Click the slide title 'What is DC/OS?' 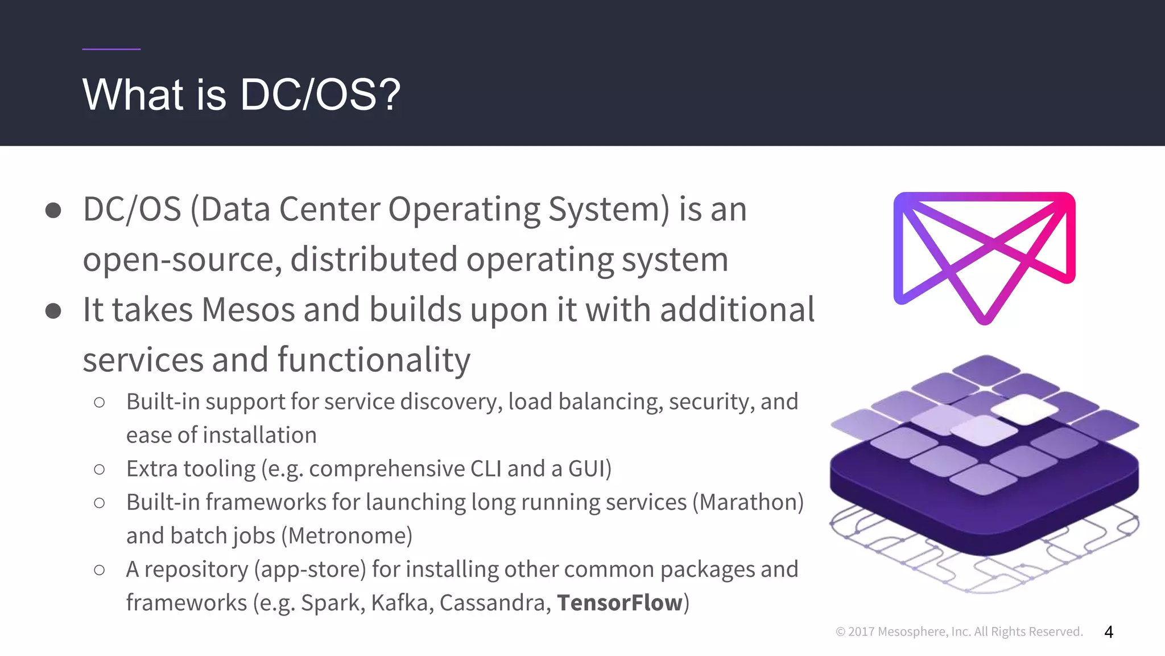(x=241, y=95)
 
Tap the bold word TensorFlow (x=619, y=602)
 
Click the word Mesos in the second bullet (x=248, y=310)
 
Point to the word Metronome (x=350, y=536)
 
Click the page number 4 (x=1108, y=632)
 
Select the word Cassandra (x=494, y=602)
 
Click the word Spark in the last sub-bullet (x=332, y=602)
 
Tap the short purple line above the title (x=111, y=49)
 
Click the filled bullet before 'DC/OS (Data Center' (x=53, y=210)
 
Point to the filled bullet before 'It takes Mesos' (x=53, y=311)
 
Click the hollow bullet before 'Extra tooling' (x=100, y=470)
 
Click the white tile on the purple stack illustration (x=1024, y=408)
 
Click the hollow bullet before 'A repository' (x=100, y=570)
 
